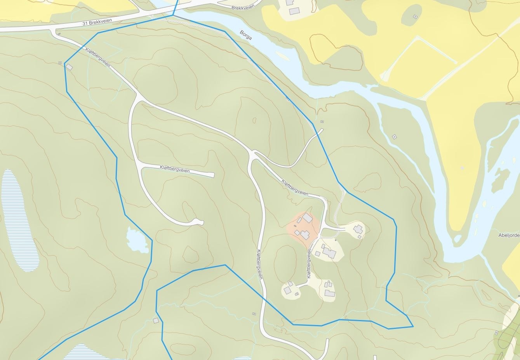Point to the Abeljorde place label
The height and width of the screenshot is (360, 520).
click(x=509, y=235)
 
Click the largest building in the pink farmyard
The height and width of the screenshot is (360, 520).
click(x=308, y=218)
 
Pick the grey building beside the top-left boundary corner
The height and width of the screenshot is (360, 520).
click(x=70, y=67)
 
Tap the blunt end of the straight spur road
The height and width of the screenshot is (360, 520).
click(x=212, y=175)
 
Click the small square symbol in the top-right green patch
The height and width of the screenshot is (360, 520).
click(x=415, y=17)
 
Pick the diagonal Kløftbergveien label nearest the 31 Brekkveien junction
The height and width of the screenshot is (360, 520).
click(x=97, y=57)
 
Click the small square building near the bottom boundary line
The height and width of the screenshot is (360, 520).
click(x=156, y=320)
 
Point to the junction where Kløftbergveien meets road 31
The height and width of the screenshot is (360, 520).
click(x=54, y=31)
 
